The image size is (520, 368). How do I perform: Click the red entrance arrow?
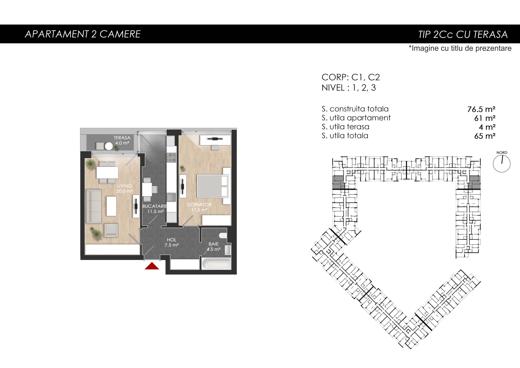click(x=152, y=266)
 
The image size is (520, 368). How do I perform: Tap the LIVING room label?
click(x=125, y=186)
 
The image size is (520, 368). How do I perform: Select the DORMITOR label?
click(x=199, y=205)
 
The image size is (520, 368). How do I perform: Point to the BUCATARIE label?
click(x=155, y=206)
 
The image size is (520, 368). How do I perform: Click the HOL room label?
click(x=172, y=240)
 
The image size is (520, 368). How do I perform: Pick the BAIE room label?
click(x=214, y=244)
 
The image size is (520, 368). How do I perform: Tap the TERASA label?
click(x=122, y=138)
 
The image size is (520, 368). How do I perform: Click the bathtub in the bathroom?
click(x=216, y=264)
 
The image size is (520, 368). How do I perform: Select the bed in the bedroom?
click(x=213, y=186)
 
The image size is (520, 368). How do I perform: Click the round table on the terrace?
click(x=109, y=147)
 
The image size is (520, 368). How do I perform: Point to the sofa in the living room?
click(x=94, y=206)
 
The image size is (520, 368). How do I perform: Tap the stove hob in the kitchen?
click(x=171, y=157)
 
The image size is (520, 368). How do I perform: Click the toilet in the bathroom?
click(x=223, y=236)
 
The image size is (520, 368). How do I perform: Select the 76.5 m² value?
click(x=481, y=109)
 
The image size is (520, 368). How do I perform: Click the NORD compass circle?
click(x=502, y=164)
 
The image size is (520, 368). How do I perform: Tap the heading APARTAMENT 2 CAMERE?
click(x=83, y=34)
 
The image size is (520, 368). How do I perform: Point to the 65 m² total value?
click(x=485, y=136)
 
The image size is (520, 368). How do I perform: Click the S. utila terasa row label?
click(x=345, y=127)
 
